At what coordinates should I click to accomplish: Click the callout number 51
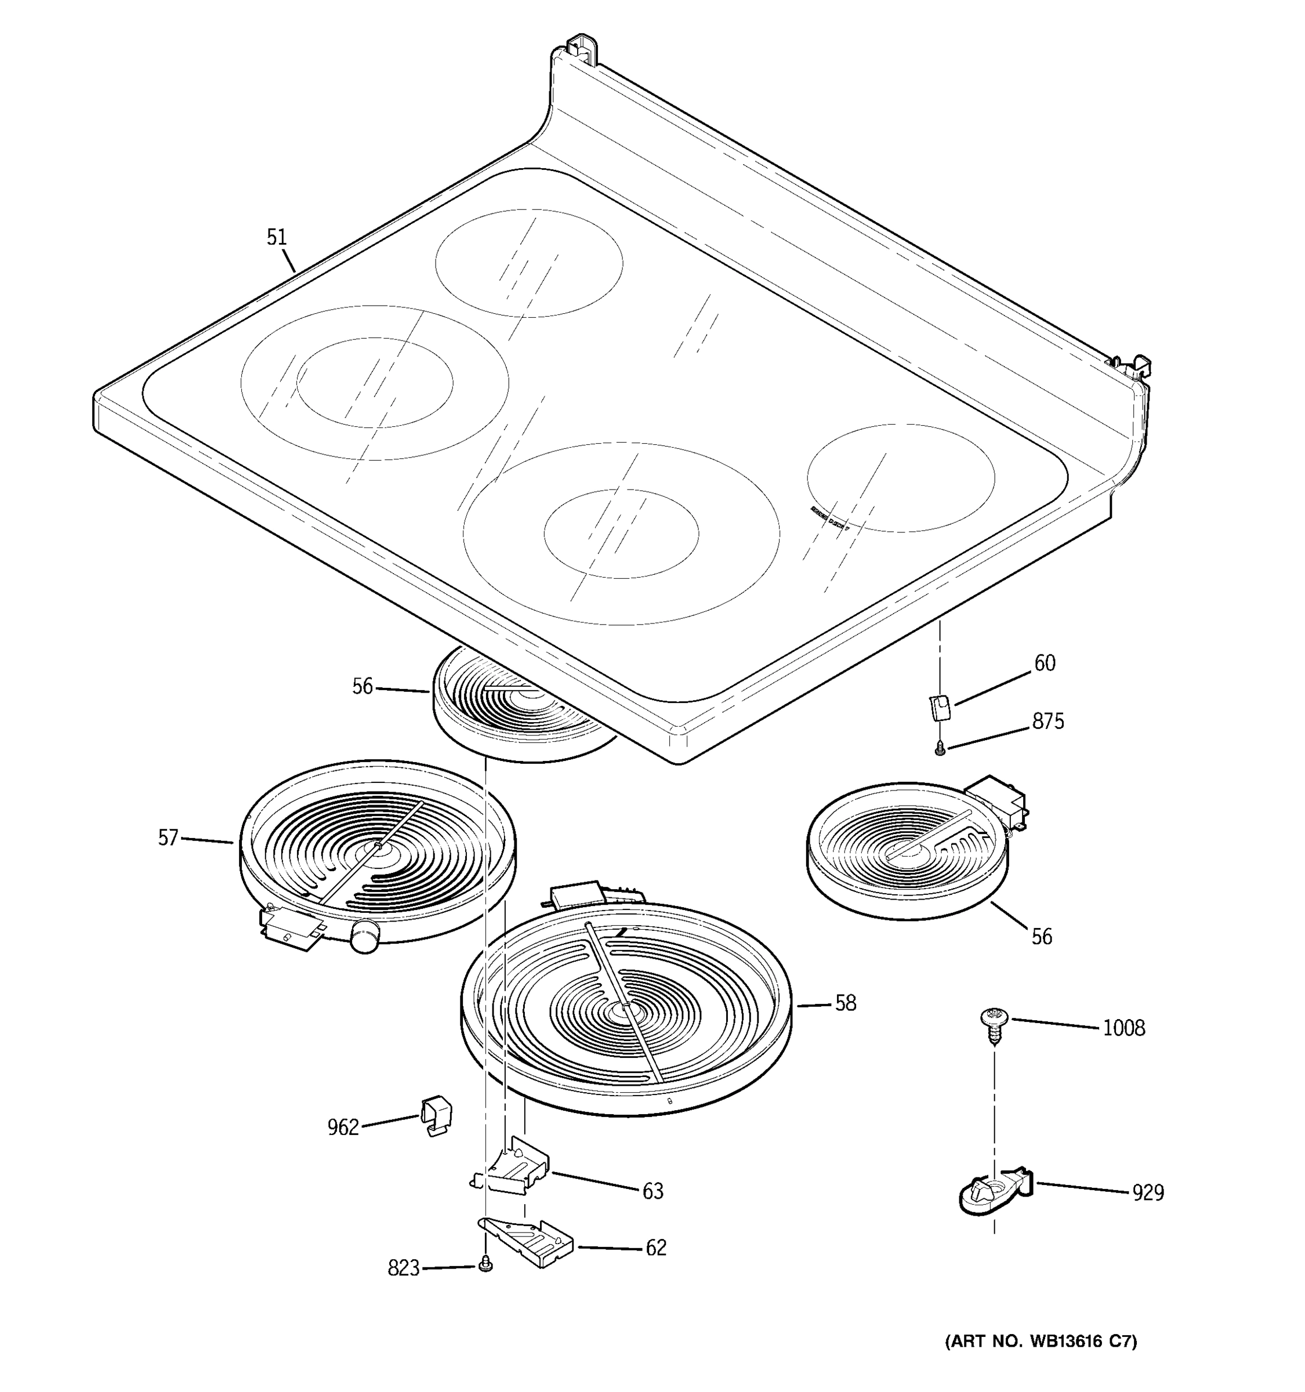[277, 237]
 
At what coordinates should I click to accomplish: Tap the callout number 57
[168, 838]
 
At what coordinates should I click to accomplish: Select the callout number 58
[846, 1003]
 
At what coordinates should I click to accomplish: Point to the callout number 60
[1045, 662]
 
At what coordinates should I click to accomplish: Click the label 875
[1047, 721]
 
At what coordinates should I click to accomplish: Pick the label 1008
[1123, 1028]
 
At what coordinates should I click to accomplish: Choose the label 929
[1148, 1192]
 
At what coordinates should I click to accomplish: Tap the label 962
[343, 1128]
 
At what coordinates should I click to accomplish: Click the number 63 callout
[652, 1191]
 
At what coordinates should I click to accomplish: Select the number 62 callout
[655, 1248]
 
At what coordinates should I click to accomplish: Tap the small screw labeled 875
[940, 750]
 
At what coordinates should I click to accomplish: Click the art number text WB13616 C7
[1041, 1342]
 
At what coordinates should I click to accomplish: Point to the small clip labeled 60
[940, 706]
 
